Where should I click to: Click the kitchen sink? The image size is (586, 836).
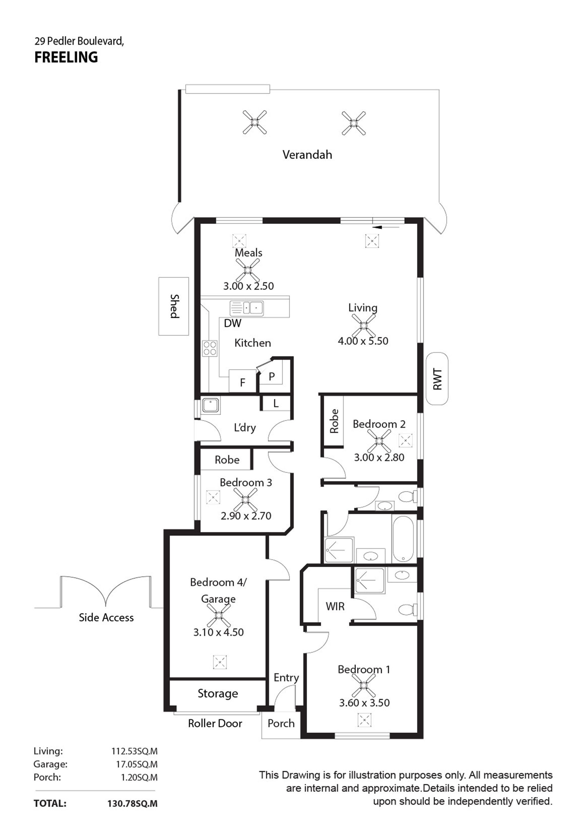tap(247, 308)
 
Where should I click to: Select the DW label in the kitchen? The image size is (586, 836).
tap(232, 323)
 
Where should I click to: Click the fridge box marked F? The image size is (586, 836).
tap(243, 381)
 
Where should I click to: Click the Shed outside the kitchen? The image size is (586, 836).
tap(173, 306)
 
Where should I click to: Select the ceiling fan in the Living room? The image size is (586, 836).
tap(363, 325)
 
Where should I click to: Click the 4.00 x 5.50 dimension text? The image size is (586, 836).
tap(363, 341)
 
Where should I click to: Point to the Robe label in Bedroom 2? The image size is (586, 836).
tap(334, 421)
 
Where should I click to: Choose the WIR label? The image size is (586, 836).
tap(335, 606)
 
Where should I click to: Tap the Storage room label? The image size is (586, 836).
tap(218, 694)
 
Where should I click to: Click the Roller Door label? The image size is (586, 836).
tap(215, 723)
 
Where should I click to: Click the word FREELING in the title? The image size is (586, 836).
tap(66, 57)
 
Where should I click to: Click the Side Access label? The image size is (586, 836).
tap(106, 617)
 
